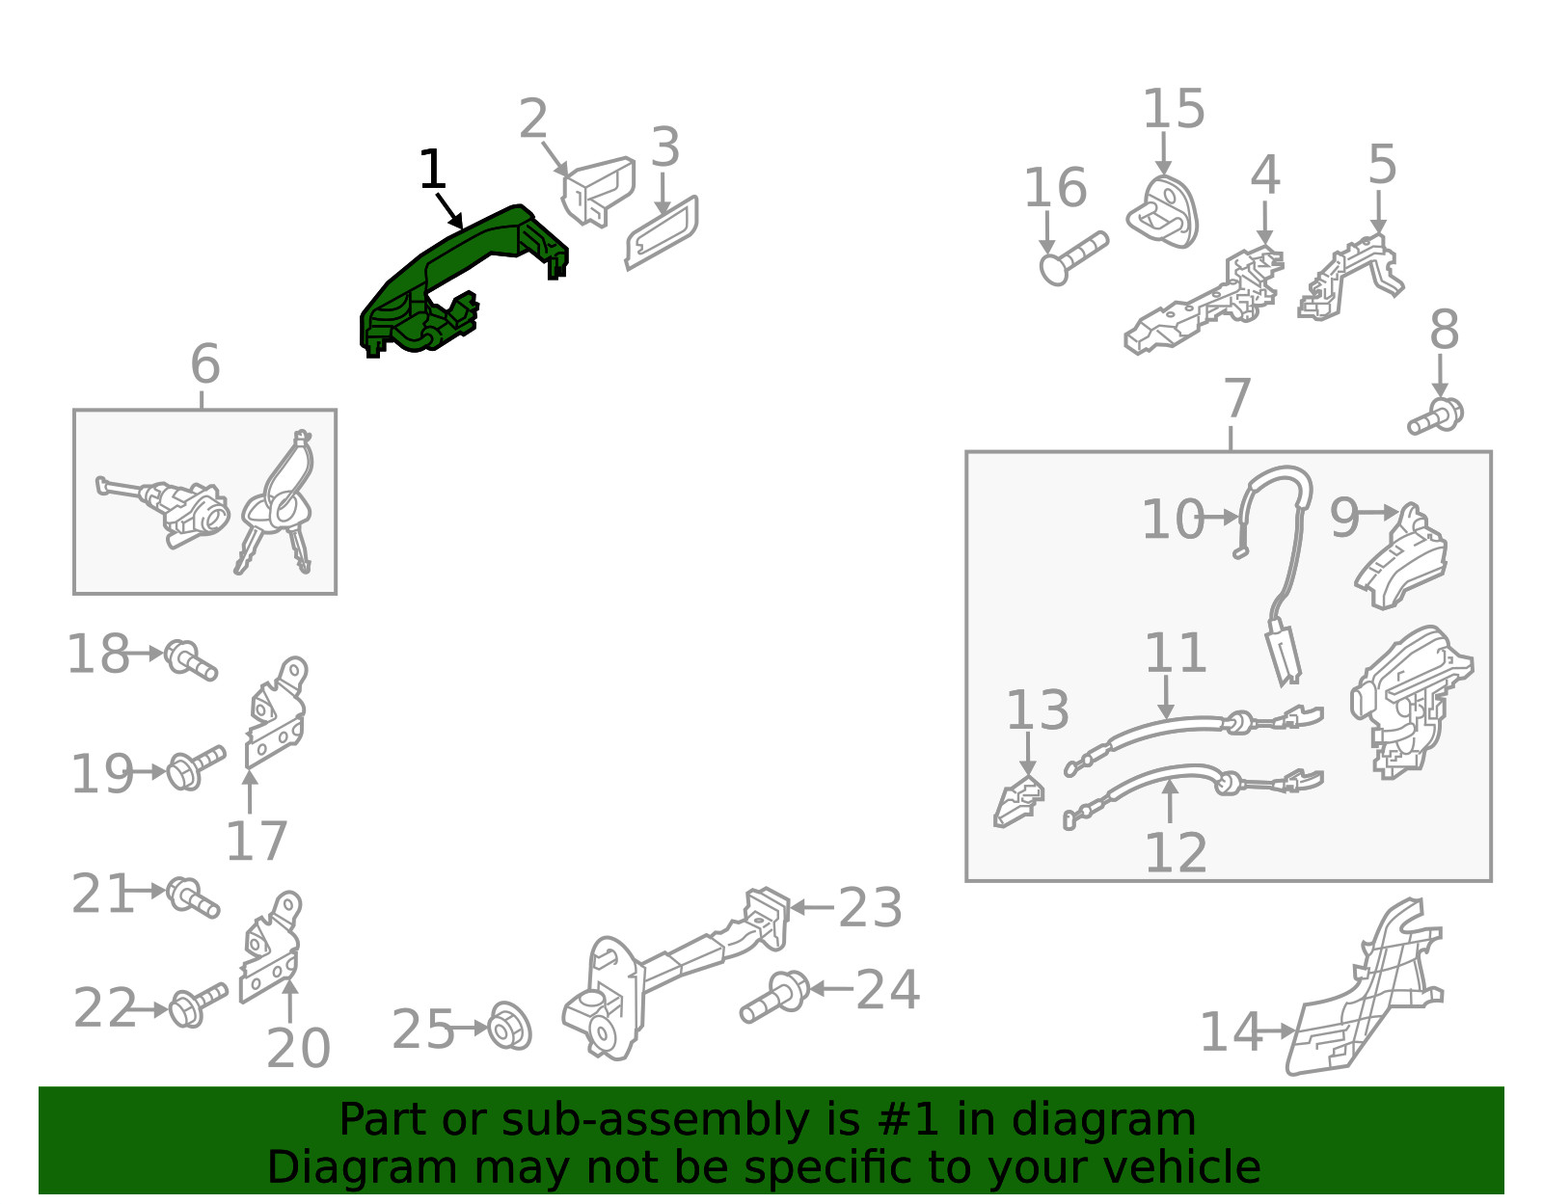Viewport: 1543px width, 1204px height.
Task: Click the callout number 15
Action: coord(1174,109)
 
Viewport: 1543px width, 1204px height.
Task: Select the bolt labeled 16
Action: coord(1073,257)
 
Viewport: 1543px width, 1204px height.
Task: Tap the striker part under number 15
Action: coord(1162,213)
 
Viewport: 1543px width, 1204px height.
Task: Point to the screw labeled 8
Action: coord(1436,416)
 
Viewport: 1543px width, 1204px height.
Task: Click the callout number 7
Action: coord(1237,399)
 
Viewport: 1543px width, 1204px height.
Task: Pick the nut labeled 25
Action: coord(510,1026)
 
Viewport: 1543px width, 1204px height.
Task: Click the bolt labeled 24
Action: coord(774,996)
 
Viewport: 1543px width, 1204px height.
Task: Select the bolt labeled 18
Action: coord(190,659)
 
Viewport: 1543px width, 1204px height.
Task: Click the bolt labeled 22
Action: coord(198,1005)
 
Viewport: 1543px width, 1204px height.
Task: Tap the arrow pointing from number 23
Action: coord(812,907)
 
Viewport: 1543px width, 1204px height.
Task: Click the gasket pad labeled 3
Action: coord(662,232)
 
